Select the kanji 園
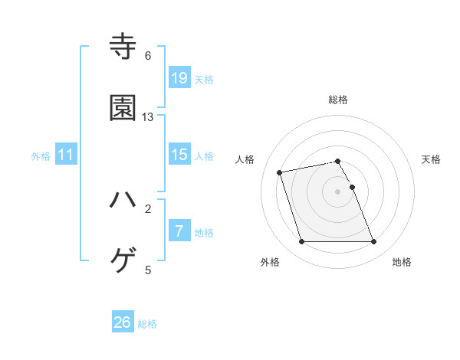[123, 108]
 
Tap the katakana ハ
[123, 200]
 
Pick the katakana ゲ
[123, 261]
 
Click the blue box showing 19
[179, 77]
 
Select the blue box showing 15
[179, 155]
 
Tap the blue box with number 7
[179, 231]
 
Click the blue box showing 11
[66, 155]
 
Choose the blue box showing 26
[123, 322]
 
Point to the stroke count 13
[148, 117]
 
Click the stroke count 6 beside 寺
[148, 56]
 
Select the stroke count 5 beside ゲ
[148, 270]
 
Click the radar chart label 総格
[338, 100]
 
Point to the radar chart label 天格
[432, 159]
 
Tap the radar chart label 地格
[402, 262]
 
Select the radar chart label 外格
[270, 262]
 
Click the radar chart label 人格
[245, 159]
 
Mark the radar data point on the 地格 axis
[373, 242]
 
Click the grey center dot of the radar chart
[338, 191]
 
